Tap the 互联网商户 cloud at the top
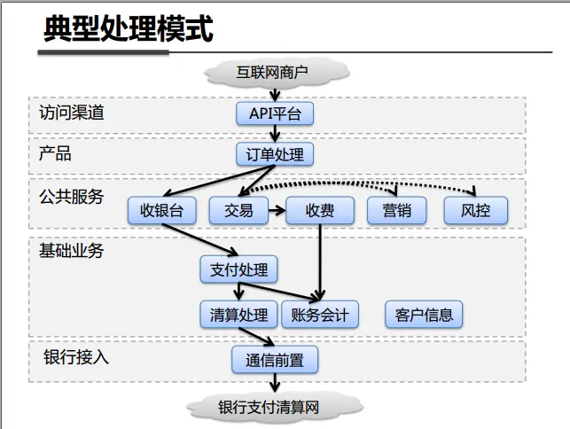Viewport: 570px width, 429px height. (275, 73)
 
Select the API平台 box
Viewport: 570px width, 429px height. (275, 114)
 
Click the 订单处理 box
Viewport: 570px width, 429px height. (275, 155)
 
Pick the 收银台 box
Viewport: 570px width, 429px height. (161, 210)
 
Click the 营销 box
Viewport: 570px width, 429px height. (396, 210)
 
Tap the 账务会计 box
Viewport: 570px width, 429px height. (320, 314)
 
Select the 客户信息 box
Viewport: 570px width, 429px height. (424, 314)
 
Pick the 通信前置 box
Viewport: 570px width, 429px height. (275, 359)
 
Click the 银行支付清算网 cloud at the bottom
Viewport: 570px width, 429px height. (275, 407)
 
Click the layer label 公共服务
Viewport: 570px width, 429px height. (72, 196)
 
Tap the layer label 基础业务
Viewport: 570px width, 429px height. (72, 251)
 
